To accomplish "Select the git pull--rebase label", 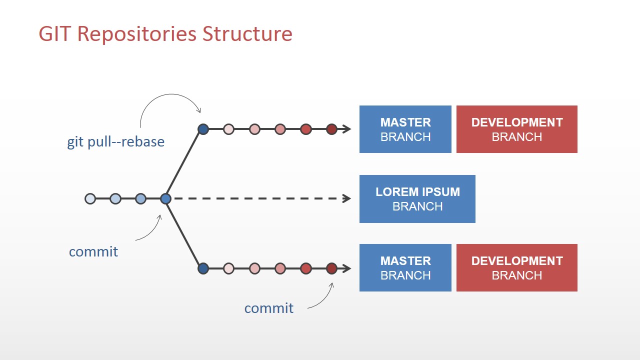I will click(x=115, y=142).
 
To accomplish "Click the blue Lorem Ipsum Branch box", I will click(x=417, y=199).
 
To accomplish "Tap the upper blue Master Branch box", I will click(x=405, y=129).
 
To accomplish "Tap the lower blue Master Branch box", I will click(x=405, y=268).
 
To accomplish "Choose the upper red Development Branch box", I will click(x=516, y=129).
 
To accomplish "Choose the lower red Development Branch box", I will click(x=516, y=268).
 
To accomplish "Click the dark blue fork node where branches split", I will click(x=166, y=199).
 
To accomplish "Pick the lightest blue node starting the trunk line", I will click(x=90, y=199).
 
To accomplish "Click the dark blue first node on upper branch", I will click(x=203, y=129).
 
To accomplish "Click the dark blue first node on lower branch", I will click(x=203, y=268).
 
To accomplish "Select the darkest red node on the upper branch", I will click(x=331, y=129).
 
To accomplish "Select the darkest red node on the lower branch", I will click(x=331, y=268).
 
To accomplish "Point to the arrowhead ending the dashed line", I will click(x=346, y=199).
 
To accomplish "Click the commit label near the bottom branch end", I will click(x=268, y=308).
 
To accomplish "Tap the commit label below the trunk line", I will click(x=93, y=251).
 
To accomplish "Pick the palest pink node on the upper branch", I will click(x=228, y=129).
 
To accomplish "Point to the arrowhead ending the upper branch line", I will click(x=346, y=129).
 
